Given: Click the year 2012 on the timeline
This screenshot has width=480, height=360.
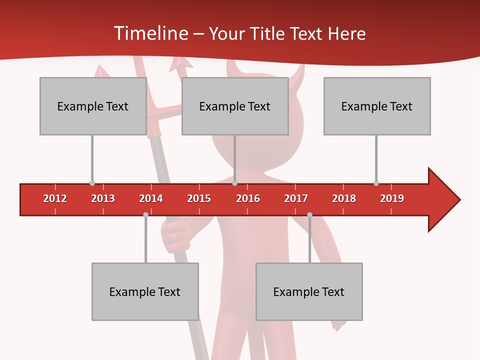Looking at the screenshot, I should tap(55, 198).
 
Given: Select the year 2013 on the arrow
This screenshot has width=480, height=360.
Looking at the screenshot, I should tap(103, 198).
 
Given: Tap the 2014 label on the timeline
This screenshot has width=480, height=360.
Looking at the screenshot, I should tap(151, 198).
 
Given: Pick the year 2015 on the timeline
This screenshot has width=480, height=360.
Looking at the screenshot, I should tap(199, 198).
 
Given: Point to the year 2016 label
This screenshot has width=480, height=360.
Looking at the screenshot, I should tap(248, 198).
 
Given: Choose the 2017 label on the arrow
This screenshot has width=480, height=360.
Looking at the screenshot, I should tap(296, 198).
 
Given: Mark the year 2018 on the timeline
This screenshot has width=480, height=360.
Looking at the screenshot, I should tap(344, 198).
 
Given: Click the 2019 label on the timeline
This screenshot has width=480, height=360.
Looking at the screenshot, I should tap(392, 198).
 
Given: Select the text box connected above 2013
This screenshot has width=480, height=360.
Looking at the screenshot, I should tap(93, 106).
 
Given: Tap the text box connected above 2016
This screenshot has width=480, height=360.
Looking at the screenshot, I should tap(235, 106).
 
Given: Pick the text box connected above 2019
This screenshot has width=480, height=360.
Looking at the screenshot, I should tap(377, 106).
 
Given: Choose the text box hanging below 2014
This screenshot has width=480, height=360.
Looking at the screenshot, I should tap(145, 291).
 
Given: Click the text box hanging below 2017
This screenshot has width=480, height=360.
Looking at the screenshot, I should tap(309, 291).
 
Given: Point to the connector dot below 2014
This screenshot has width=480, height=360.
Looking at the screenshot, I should tap(145, 214).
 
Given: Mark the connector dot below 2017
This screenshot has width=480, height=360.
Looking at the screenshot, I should tap(309, 214).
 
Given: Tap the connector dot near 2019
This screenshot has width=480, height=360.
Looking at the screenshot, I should tap(376, 183).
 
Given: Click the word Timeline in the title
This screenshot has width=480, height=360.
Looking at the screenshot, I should tap(150, 33).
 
